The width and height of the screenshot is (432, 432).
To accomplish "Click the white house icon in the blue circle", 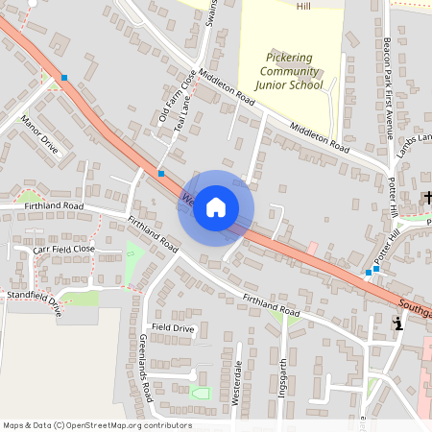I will pyautogui.click(x=216, y=207).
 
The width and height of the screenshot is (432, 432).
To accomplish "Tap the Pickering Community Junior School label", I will pyautogui.click(x=292, y=70).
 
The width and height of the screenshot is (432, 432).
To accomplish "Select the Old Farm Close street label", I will pyautogui.click(x=177, y=96).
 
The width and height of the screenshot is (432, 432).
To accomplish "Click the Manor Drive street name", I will pyautogui.click(x=39, y=135).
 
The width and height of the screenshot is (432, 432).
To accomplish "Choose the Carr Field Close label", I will pyautogui.click(x=64, y=249).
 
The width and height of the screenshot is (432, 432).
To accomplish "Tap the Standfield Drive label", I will pyautogui.click(x=35, y=303).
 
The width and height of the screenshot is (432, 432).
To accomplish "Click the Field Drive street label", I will pyautogui.click(x=173, y=328).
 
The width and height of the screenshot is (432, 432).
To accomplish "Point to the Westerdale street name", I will pyautogui.click(x=237, y=383).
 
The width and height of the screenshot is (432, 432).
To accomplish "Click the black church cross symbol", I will pyautogui.click(x=428, y=199).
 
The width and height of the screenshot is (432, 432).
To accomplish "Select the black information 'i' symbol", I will pyautogui.click(x=398, y=325).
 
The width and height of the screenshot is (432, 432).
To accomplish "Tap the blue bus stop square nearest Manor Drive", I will pyautogui.click(x=64, y=77).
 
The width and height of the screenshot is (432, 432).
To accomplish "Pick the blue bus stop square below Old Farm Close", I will pyautogui.click(x=161, y=174).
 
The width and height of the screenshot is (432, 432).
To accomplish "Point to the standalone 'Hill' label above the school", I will pyautogui.click(x=304, y=6).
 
